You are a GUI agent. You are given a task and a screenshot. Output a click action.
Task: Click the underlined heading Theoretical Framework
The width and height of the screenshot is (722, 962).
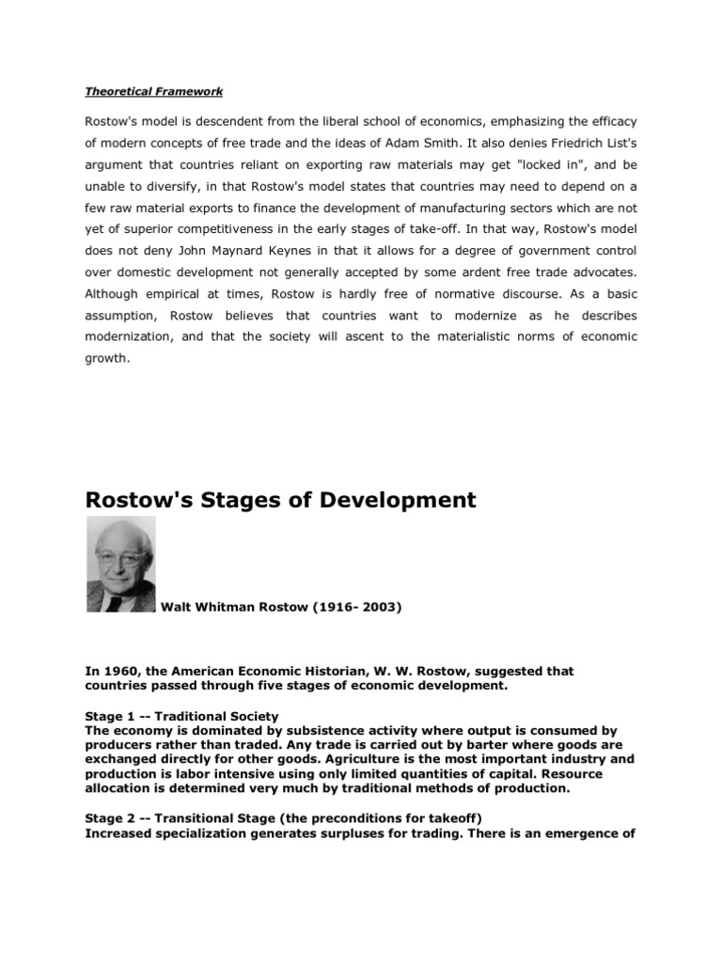154,91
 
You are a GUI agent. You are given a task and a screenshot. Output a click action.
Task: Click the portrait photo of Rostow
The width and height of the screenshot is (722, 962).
121,564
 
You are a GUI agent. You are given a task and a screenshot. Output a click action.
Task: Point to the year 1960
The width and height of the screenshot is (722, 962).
118,672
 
